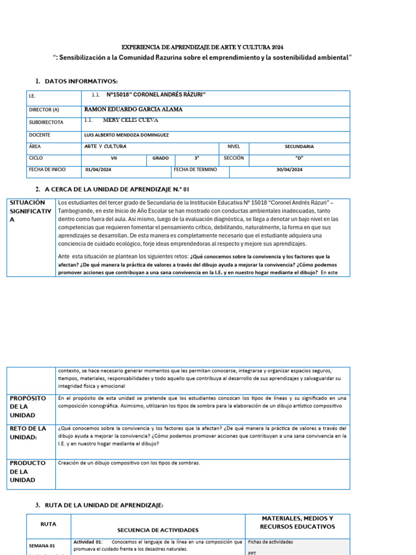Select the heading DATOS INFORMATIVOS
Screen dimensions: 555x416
pos(81,81)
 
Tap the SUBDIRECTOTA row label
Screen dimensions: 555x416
pos(46,122)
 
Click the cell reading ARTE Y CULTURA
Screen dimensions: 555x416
pos(106,146)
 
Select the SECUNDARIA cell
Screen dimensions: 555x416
pos(299,146)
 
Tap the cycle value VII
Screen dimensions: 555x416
pos(114,158)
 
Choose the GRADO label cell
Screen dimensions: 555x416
pos(160,158)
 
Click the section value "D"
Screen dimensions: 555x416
pos(299,158)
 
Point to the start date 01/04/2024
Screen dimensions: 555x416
pos(99,170)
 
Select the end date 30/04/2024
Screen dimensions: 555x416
pos(289,170)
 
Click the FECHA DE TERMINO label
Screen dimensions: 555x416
pos(196,170)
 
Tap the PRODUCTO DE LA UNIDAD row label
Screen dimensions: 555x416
pos(24,472)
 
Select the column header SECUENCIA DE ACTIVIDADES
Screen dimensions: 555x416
pos(158,530)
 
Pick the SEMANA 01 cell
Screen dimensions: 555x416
pos(42,546)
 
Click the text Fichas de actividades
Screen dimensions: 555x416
pos(270,541)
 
